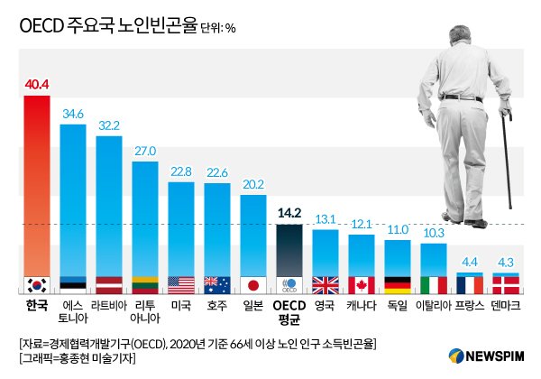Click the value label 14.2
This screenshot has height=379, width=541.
[289, 214]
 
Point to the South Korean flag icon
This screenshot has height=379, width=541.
[37, 284]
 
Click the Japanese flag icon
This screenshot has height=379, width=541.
[253, 284]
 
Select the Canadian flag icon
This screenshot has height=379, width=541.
[362, 284]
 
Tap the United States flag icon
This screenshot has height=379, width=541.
[181, 284]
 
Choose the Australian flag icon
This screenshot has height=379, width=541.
[217, 284]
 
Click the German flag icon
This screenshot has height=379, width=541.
[398, 284]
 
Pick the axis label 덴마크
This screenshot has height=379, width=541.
[506, 306]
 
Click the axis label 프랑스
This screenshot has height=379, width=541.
[470, 306]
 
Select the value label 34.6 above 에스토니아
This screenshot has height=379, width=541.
[73, 114]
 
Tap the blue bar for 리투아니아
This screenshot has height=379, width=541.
[145, 217]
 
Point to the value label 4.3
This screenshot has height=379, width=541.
[506, 263]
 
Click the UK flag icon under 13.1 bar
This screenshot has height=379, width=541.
[326, 284]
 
